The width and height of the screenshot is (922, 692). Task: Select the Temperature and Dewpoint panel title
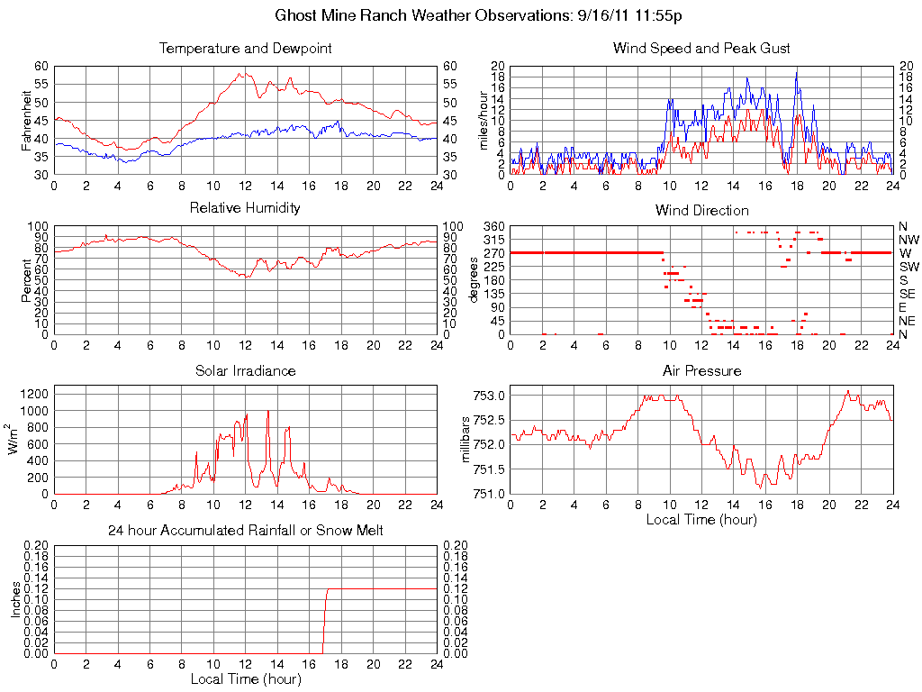[245, 48]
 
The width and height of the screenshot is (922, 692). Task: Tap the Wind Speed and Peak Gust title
[701, 48]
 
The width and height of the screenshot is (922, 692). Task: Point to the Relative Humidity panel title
[245, 208]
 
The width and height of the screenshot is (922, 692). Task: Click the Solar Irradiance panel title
[245, 370]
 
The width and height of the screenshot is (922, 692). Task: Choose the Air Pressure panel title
[701, 370]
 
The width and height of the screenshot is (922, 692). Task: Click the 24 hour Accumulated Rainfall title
[245, 531]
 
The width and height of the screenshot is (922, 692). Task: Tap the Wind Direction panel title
[701, 210]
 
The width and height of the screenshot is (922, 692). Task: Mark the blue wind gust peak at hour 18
[796, 72]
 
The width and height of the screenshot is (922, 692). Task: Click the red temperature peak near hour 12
[240, 73]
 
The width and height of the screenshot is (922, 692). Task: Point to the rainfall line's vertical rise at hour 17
[324, 622]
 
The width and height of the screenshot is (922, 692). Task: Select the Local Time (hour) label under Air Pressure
[701, 519]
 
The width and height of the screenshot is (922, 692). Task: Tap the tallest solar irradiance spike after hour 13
[267, 412]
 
